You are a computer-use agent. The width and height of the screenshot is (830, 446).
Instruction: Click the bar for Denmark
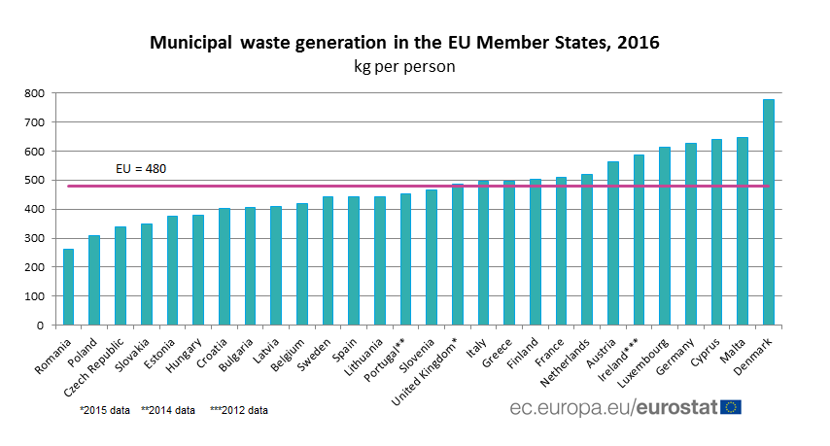[769, 212]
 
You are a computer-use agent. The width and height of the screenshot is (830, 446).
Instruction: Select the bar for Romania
[68, 287]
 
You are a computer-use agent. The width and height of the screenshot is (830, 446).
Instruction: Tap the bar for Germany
[691, 234]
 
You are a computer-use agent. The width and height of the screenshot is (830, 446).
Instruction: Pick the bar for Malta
[743, 231]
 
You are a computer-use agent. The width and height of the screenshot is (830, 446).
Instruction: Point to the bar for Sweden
[328, 260]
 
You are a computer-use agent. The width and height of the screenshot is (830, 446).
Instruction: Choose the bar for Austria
[613, 243]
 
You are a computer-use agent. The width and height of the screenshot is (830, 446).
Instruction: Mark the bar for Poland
[94, 280]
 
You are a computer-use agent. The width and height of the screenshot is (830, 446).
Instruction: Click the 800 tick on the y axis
[34, 93]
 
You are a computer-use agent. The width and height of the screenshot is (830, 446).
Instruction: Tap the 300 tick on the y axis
[34, 239]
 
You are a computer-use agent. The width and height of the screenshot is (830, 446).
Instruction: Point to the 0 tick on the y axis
[40, 326]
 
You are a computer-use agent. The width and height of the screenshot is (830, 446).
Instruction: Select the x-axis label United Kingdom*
[424, 373]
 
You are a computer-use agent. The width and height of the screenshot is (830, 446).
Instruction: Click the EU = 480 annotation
[141, 169]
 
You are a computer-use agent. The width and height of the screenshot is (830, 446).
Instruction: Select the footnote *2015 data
[105, 410]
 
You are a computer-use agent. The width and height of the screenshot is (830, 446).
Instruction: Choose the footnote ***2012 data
[239, 410]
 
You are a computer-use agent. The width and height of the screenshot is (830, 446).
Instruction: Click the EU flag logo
[731, 407]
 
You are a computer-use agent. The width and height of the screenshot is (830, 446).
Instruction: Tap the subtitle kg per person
[404, 67]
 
